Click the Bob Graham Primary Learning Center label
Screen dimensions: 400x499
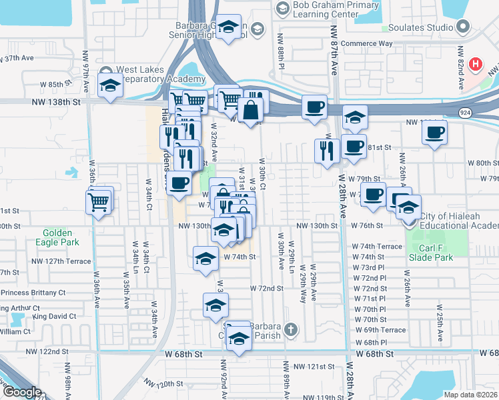click(326, 8)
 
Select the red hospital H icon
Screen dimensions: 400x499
click(475, 64)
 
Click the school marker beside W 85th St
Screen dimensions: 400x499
click(110, 85)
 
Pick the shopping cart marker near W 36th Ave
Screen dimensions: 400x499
click(98, 201)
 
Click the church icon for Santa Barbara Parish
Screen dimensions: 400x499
click(290, 329)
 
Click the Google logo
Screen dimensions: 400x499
click(21, 392)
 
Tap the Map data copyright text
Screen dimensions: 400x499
click(470, 395)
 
